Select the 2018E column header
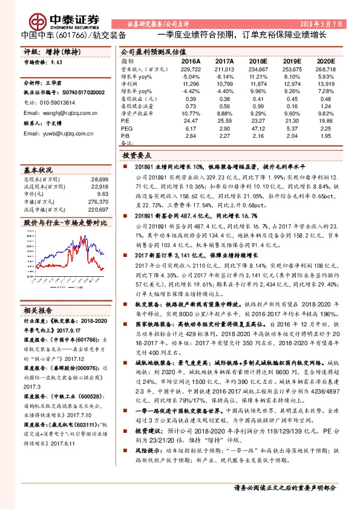point(258,61)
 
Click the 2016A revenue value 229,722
point(190,69)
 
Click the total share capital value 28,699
point(99,180)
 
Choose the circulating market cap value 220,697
point(98,209)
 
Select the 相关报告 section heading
point(38,309)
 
